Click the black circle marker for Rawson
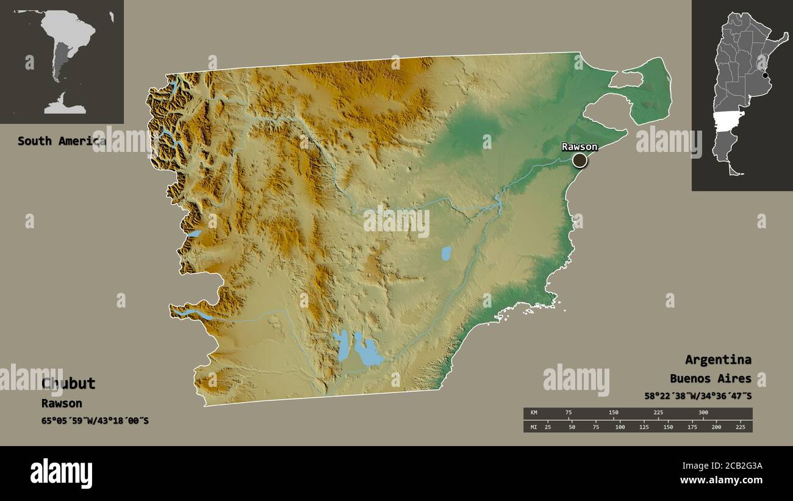pos(579,160)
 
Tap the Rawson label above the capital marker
pos(579,146)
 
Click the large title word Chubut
pos(68,383)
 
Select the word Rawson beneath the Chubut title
pos(62,403)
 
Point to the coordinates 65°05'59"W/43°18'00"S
pos(95,420)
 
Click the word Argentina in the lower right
pos(718,359)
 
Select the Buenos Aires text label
pos(710,378)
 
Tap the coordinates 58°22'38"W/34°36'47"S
pos(698,396)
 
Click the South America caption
pos(61,141)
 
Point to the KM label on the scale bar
pos(533,413)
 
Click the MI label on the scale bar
pos(533,427)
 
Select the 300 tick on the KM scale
pos(703,413)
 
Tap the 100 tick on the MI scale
pos(620,427)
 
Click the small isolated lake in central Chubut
pos(447,253)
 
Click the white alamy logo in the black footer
pos(62,474)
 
